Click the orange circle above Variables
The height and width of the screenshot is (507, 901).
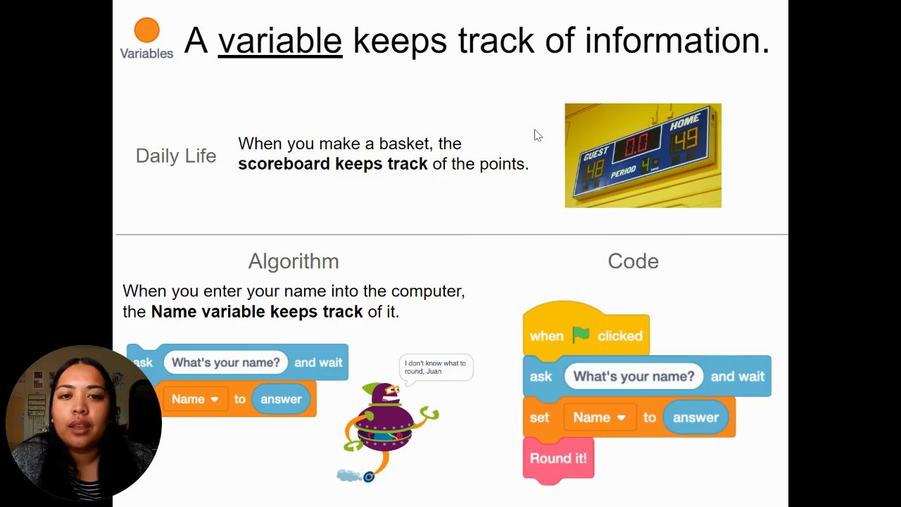coord(147,30)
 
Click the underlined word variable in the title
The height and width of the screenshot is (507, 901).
coord(280,40)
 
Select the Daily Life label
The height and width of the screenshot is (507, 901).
coord(176,156)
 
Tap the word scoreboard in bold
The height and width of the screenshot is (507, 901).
coord(284,164)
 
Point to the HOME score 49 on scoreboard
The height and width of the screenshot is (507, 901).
coord(686,139)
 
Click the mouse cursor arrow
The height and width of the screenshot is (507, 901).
coord(538,136)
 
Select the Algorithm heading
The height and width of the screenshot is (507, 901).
coord(294,261)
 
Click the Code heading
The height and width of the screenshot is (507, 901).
coord(633,261)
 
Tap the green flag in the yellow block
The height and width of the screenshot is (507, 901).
coord(581,334)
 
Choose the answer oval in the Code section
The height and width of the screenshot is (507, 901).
coord(695,418)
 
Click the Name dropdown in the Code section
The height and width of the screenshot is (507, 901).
coord(600,418)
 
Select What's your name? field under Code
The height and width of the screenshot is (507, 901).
coord(634,376)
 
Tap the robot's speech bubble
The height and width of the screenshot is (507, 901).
coord(436,368)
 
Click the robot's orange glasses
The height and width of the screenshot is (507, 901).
coord(392,389)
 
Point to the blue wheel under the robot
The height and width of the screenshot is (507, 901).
coord(369,477)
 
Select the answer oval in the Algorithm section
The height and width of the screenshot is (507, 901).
coord(281,399)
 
